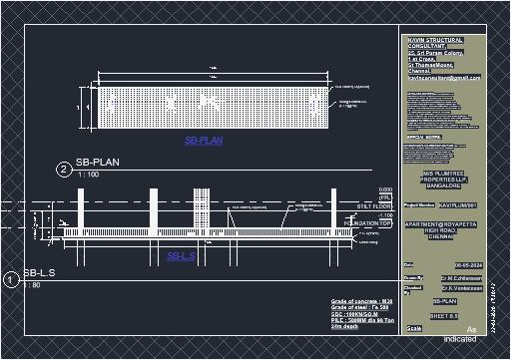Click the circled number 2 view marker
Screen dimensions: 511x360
63,170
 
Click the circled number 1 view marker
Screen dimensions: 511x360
11,280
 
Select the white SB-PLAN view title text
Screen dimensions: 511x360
98,162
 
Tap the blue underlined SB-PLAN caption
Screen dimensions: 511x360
204,141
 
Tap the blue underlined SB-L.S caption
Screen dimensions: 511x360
181,256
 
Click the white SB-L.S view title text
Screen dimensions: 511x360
39,273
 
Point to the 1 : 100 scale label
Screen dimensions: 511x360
88,175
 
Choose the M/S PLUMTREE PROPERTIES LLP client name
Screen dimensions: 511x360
444,179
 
